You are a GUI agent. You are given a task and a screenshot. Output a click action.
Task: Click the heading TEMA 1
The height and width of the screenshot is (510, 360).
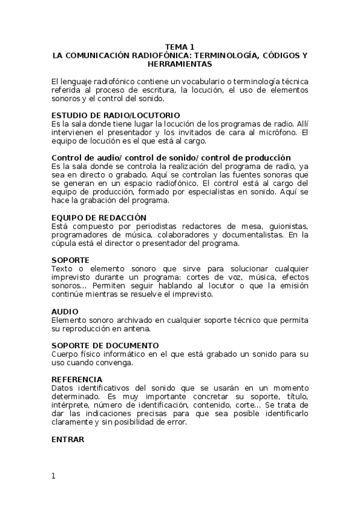(180, 47)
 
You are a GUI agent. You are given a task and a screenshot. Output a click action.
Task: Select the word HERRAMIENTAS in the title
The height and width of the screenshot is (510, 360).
(180, 63)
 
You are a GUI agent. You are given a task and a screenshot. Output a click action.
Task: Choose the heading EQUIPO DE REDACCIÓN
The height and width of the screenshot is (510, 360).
(99, 218)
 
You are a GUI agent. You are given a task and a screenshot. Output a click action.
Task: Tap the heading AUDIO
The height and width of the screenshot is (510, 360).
(65, 312)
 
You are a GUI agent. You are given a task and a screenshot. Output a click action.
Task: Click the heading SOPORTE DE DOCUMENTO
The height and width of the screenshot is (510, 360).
(105, 345)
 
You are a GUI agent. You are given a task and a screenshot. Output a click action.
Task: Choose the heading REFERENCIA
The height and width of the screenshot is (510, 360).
(77, 379)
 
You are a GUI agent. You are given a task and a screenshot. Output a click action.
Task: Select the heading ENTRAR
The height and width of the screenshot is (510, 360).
(68, 439)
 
